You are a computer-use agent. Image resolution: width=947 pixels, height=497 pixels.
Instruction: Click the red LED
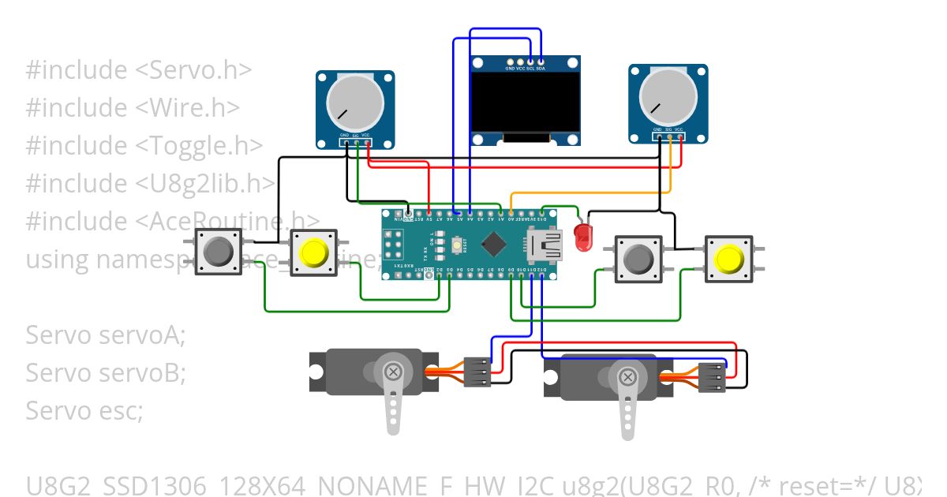(x=583, y=237)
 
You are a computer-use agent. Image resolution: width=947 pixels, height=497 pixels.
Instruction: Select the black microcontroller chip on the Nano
(x=493, y=245)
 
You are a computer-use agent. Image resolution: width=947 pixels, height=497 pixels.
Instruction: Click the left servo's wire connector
(x=477, y=371)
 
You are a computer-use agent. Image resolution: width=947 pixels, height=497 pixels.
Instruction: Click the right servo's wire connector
(x=712, y=377)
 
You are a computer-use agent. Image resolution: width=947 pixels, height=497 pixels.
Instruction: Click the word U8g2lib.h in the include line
(x=205, y=184)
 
